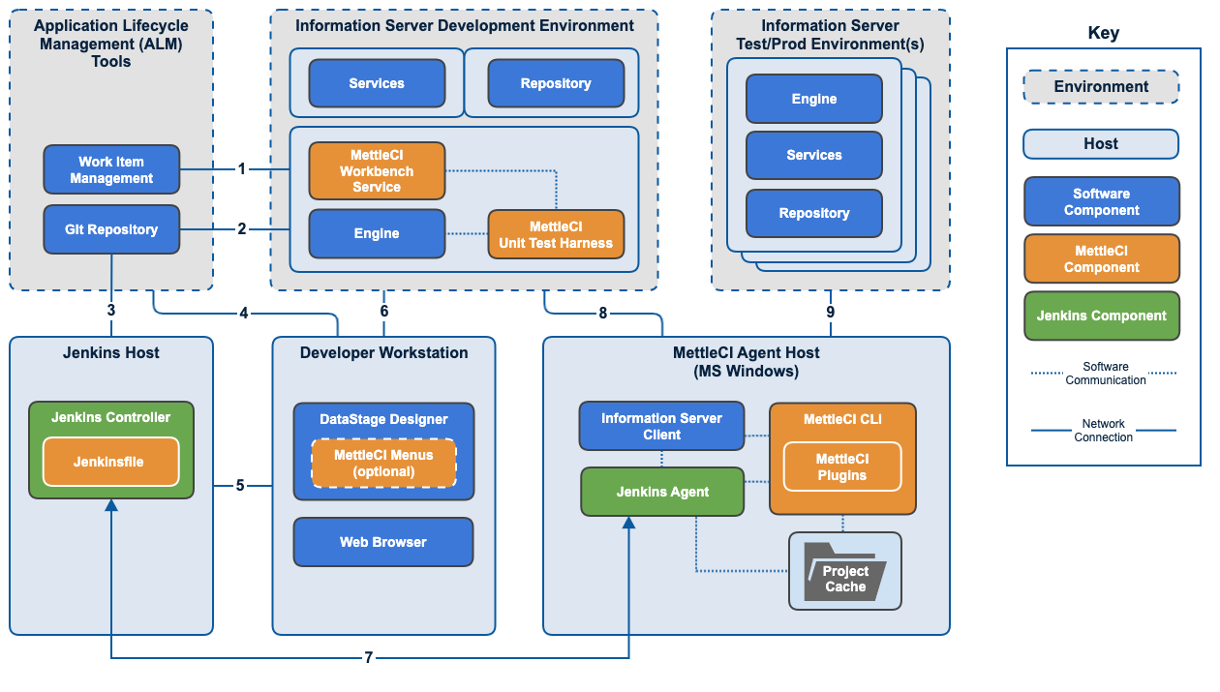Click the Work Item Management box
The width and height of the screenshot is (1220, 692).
tap(111, 169)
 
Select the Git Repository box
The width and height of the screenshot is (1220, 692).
tap(111, 229)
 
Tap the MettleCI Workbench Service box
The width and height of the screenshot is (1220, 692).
tap(377, 171)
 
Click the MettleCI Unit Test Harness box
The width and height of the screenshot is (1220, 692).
tap(556, 234)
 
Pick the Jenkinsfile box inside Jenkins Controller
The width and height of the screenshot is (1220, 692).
tap(111, 462)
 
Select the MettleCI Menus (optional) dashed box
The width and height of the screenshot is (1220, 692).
tap(383, 463)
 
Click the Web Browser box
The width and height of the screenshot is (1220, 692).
tap(383, 542)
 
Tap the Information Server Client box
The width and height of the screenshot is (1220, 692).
tap(661, 427)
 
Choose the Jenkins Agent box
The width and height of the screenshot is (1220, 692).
tap(662, 492)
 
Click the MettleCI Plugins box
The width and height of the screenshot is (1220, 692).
tap(841, 466)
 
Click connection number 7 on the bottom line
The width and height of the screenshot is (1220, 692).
tap(368, 658)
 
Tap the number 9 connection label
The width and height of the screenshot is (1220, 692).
tap(830, 312)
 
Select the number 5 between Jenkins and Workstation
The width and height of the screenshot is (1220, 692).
tap(240, 485)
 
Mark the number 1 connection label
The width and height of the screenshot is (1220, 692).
tap(242, 169)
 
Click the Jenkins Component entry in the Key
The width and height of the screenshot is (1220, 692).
tap(1101, 316)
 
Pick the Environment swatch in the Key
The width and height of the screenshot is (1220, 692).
tap(1101, 87)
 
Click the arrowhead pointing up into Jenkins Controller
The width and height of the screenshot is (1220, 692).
tap(111, 506)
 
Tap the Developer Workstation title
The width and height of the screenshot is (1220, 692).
tap(383, 353)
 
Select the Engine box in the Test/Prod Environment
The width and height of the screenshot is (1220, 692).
tap(813, 99)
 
